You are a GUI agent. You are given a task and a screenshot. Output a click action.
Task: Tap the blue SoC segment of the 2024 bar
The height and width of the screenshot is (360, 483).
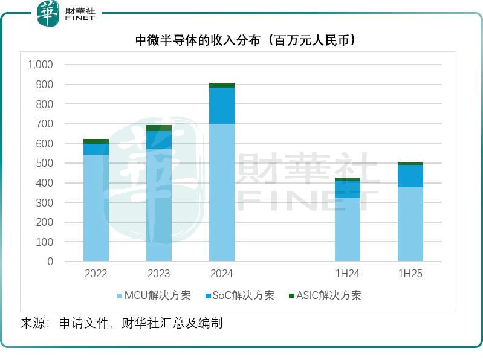coord(222,106)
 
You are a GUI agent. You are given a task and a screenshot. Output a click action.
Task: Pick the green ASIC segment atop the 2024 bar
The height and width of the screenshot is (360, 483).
coord(222,85)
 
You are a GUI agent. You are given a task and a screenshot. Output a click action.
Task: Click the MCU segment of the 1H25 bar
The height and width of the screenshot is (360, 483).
coord(410,223)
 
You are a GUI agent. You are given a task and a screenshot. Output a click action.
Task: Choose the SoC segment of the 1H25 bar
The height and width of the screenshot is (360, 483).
coord(410,176)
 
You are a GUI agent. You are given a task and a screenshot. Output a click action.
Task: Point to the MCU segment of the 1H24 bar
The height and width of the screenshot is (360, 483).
coord(348,229)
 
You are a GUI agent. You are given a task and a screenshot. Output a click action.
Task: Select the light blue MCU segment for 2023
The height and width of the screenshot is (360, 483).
coord(159,205)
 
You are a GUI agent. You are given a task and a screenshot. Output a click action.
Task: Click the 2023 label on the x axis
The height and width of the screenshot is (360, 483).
coord(159,274)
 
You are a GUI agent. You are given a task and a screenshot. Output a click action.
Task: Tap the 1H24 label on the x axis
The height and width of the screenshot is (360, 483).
coord(348,274)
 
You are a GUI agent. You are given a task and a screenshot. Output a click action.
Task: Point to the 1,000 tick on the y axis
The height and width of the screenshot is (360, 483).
coord(41,65)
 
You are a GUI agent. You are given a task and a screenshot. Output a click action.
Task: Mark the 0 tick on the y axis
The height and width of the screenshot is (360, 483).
coord(50,262)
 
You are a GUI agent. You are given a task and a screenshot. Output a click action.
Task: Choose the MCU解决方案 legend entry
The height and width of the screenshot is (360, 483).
coord(154,295)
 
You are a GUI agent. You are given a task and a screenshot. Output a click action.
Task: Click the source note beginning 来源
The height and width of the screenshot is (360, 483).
coord(122,323)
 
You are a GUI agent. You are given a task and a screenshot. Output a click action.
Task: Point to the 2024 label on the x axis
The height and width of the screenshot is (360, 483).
coord(221,274)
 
